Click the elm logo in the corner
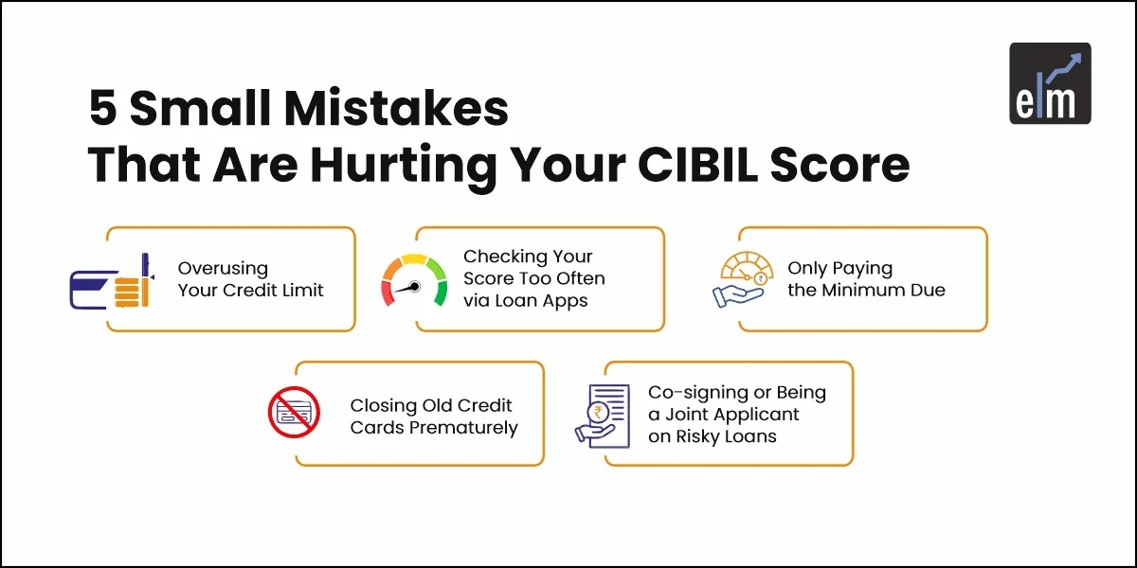coord(1050,83)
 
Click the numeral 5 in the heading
coord(103,108)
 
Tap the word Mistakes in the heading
coord(396,108)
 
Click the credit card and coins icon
coord(112,281)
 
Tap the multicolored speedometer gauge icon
coord(414,280)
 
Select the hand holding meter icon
coord(743,279)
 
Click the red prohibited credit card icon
coord(294,413)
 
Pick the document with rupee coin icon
coord(603,417)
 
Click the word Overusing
coord(223,268)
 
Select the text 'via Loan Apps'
coord(525,301)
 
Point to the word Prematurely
coord(463,428)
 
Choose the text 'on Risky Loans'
coord(713,436)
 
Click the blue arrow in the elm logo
coord(1063,68)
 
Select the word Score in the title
coord(839,165)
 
